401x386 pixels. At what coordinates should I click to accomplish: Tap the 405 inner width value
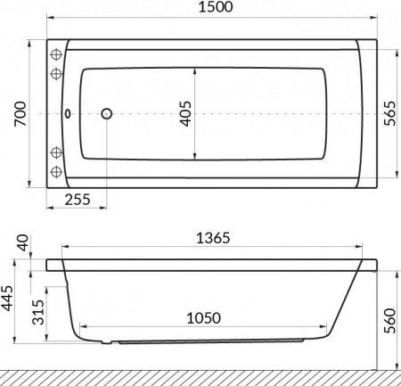tap(184, 114)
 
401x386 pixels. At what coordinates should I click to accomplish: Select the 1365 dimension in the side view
tap(213, 238)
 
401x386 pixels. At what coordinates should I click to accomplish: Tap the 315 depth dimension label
tap(37, 314)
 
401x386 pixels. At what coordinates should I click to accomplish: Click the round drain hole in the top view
tap(107, 114)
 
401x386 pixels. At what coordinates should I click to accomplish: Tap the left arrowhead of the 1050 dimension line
tap(79, 329)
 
